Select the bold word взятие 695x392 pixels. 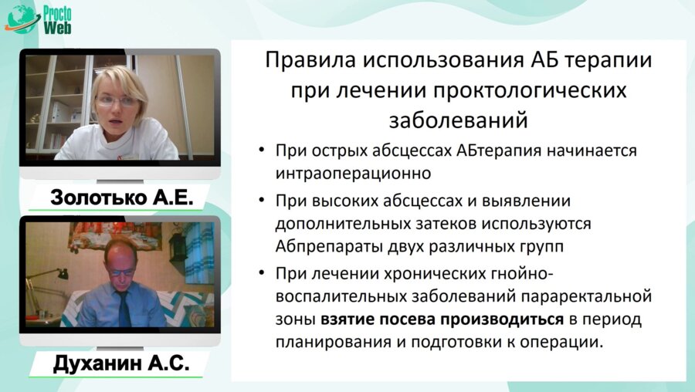click(346, 319)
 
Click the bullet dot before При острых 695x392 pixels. click(264, 150)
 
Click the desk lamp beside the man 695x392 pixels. click(55, 278)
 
